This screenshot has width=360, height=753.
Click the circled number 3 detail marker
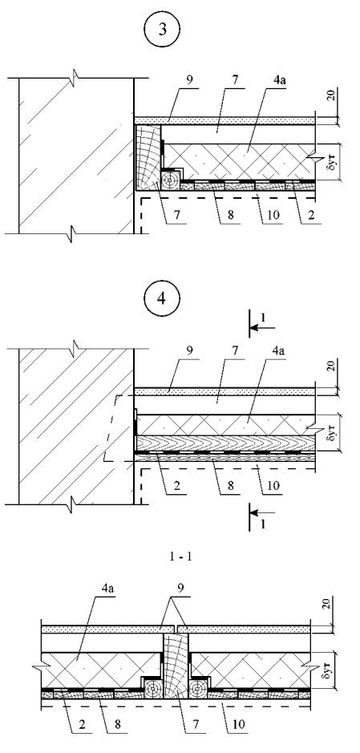(x=164, y=30)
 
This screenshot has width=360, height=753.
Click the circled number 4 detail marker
(x=164, y=299)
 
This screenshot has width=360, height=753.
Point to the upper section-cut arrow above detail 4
(x=262, y=328)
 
